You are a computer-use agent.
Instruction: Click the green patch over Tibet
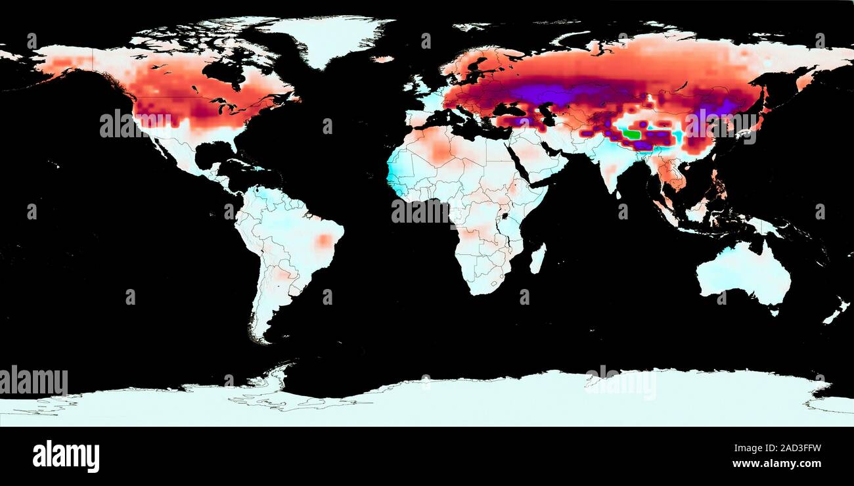(x=631, y=134)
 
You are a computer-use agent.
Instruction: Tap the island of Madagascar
(x=537, y=258)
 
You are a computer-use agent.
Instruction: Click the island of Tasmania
(x=774, y=311)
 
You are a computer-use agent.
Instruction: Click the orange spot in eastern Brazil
(x=324, y=240)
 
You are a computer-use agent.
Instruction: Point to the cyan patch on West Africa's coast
(x=396, y=174)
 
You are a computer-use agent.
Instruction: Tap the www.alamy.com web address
(x=776, y=464)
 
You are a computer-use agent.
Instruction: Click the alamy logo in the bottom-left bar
(x=66, y=456)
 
